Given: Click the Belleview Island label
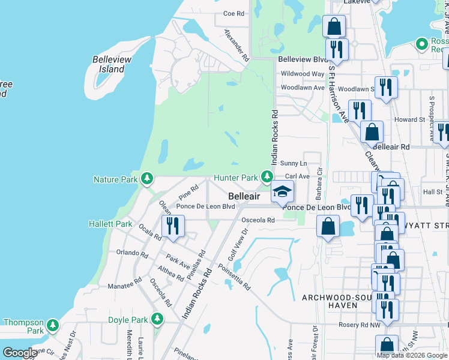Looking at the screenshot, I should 109,64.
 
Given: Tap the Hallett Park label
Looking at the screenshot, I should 110,224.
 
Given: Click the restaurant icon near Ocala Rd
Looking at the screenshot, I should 172,226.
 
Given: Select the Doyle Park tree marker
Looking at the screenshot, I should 158,318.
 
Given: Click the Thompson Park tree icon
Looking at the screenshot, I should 53,325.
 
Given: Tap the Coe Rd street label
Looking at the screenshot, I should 234,13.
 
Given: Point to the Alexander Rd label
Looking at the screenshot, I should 237,46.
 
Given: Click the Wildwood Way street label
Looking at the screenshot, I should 303,74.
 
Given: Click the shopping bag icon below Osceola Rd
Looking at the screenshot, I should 328,226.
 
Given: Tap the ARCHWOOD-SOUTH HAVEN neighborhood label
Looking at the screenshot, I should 331,301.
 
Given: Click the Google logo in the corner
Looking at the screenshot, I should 20,353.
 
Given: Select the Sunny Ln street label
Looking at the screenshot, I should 294,163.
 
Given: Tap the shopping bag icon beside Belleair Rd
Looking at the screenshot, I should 372,131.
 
